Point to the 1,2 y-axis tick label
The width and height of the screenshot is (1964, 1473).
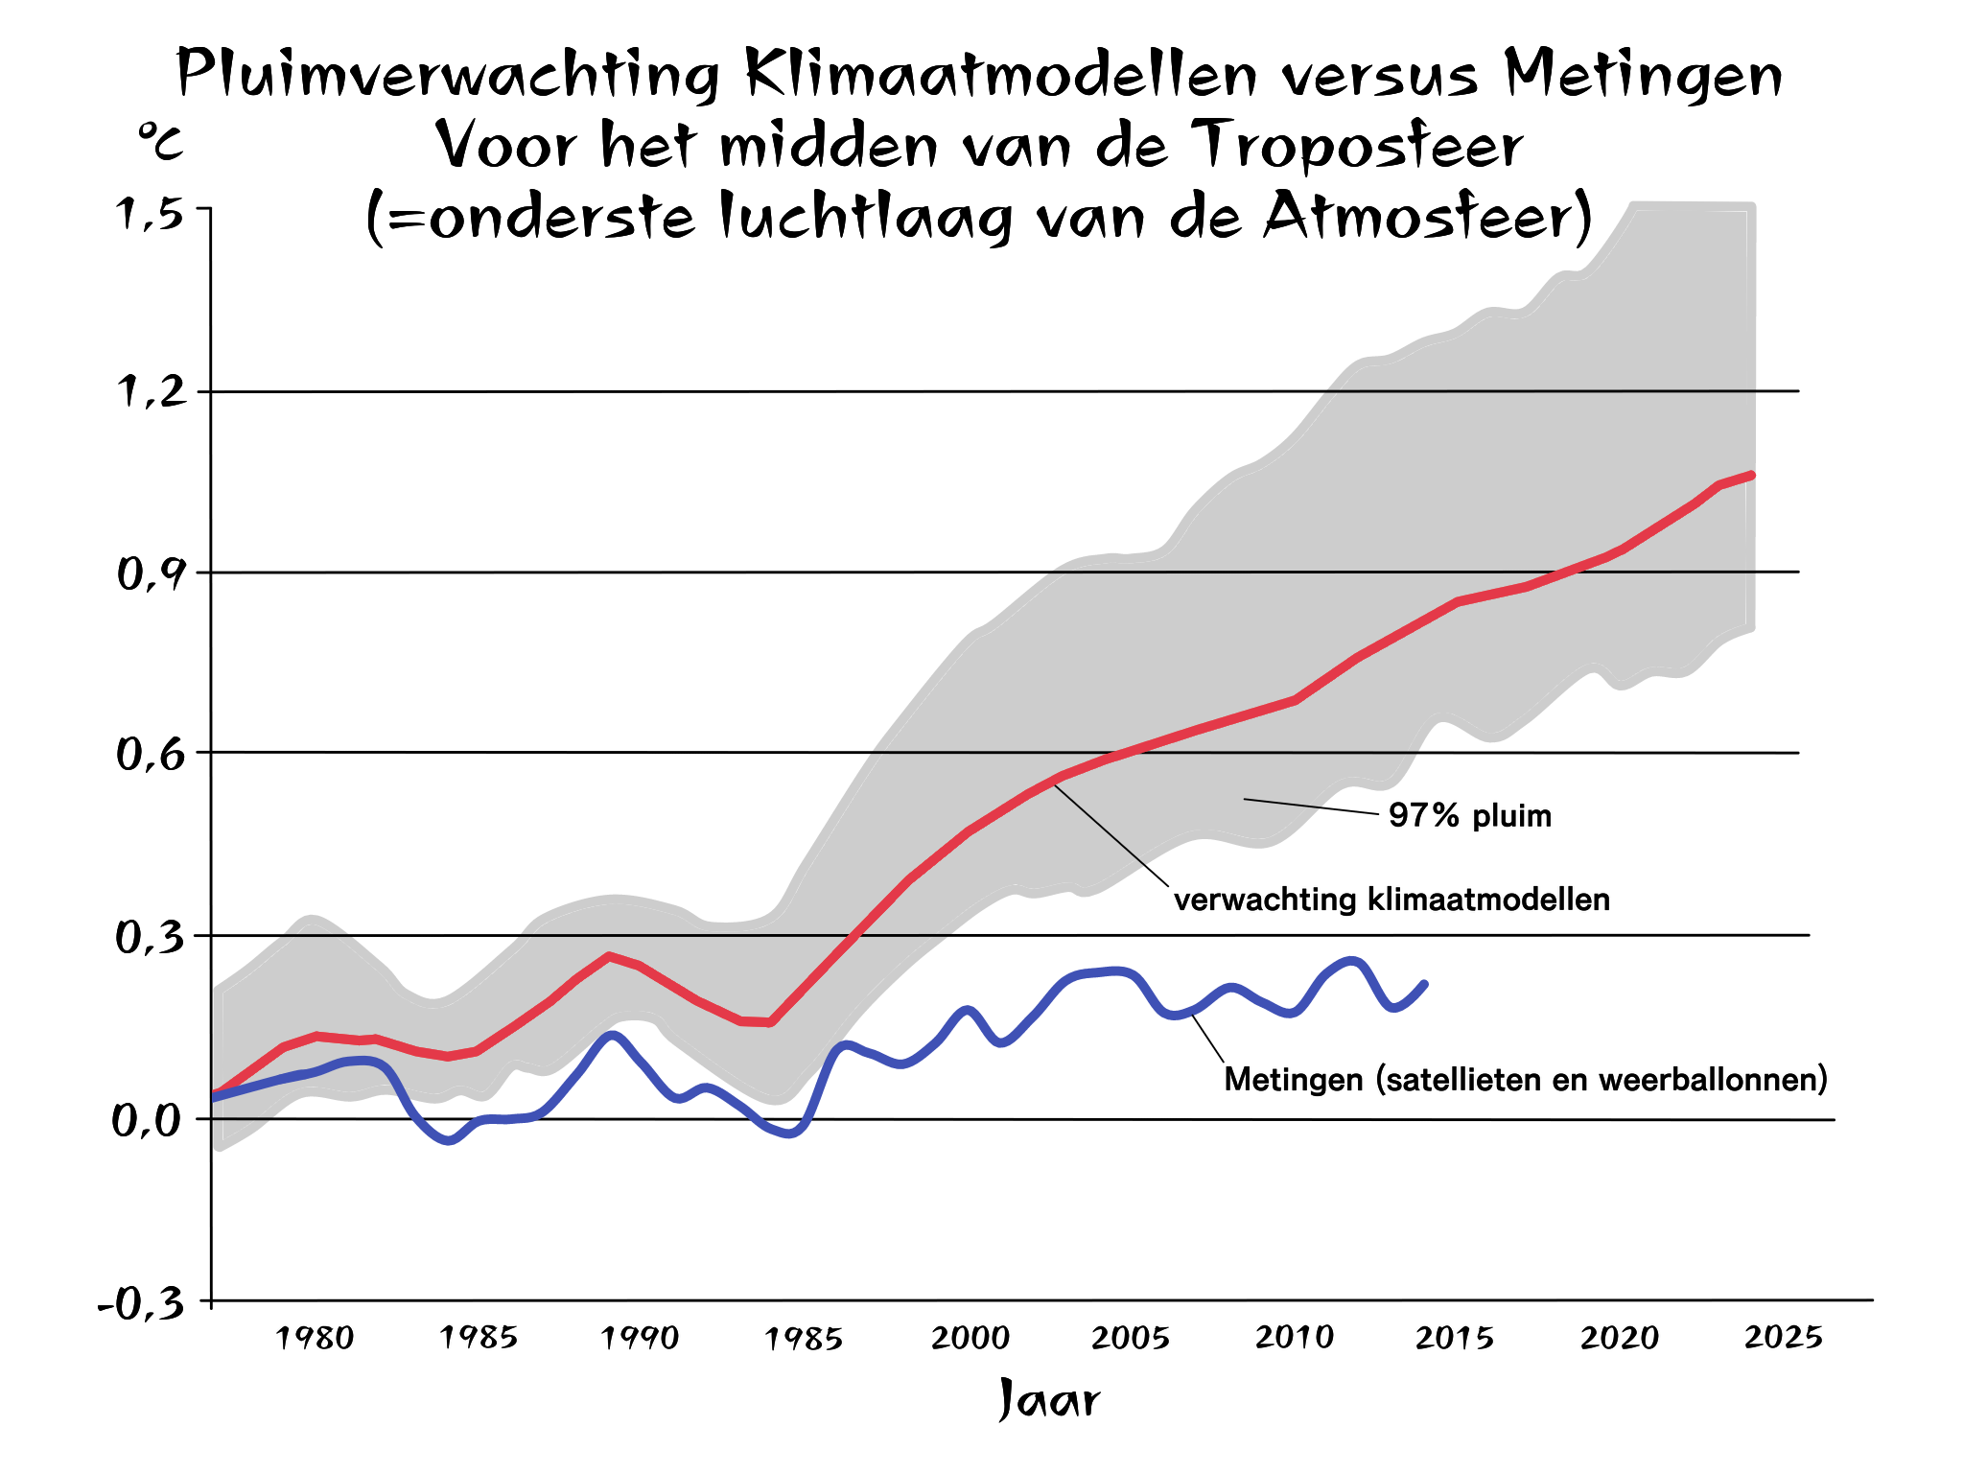[150, 391]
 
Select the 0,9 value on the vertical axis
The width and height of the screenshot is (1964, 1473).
[150, 573]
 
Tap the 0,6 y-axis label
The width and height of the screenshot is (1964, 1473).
[150, 755]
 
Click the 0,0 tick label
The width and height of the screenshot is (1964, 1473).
[148, 1120]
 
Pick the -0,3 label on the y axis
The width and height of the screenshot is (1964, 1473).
[142, 1304]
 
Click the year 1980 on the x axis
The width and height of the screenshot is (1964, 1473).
[315, 1338]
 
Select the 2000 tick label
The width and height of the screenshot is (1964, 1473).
[970, 1338]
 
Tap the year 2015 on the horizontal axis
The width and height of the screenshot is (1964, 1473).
[1454, 1338]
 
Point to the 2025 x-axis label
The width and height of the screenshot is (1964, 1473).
[1783, 1337]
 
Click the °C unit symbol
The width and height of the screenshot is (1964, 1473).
[160, 141]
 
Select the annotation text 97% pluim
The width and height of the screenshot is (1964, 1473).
[1469, 816]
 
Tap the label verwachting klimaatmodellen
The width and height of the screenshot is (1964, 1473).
[1391, 900]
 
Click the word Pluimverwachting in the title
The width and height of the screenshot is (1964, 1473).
[448, 75]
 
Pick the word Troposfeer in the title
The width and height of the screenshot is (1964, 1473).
[1361, 146]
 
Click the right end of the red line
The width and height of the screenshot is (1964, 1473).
[1751, 476]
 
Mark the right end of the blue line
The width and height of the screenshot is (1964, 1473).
[1425, 984]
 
